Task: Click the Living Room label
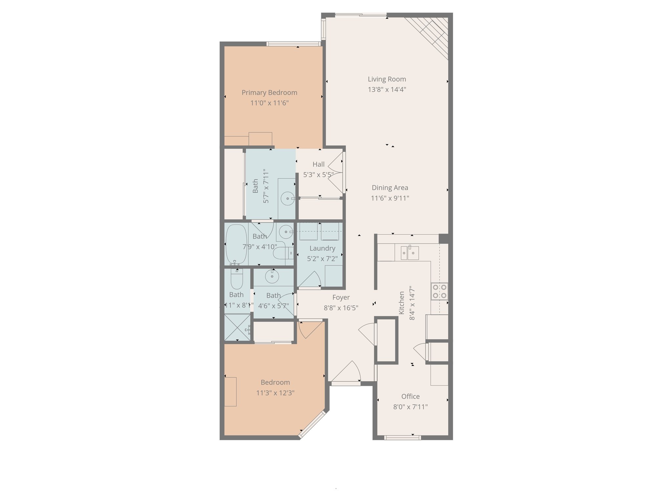coord(387,79)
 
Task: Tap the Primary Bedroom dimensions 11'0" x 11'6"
coord(269,103)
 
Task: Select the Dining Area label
coord(390,188)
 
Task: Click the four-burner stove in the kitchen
coord(439,291)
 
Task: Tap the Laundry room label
coord(322,248)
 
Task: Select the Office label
coord(410,396)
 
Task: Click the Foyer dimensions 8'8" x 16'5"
coord(341,308)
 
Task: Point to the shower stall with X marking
coord(237,327)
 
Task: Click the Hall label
coord(318,164)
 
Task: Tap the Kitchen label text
coord(402,303)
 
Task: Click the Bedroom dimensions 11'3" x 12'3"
coord(275,393)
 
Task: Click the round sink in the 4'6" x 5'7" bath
coord(272,276)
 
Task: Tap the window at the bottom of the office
coord(402,437)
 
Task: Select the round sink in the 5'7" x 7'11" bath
coord(288,199)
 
